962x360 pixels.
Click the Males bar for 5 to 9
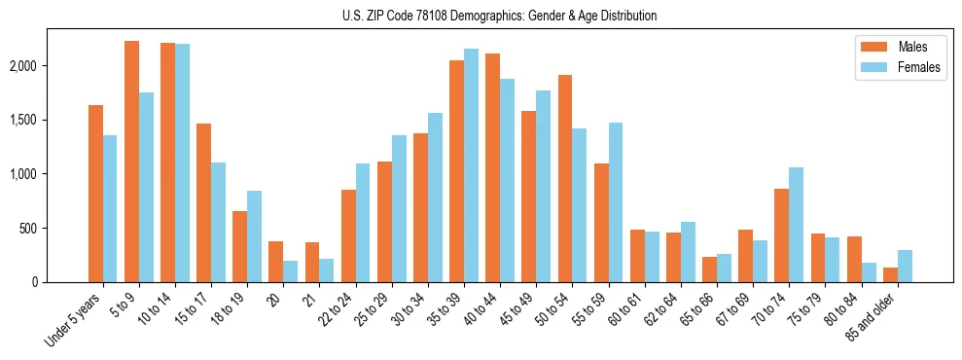[131, 162]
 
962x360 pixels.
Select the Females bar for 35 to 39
[471, 165]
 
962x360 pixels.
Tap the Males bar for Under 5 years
[95, 194]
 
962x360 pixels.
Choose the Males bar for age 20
[275, 262]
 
